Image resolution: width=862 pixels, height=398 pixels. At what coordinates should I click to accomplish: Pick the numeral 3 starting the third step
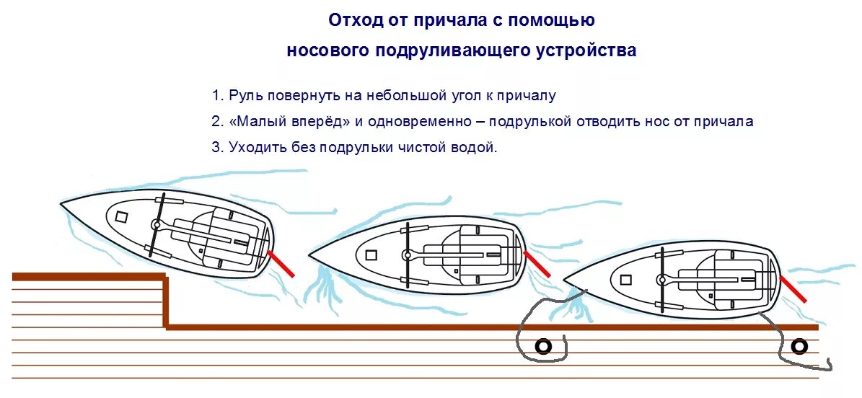point(216,148)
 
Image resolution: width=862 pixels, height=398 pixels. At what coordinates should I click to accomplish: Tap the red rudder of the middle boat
point(537,263)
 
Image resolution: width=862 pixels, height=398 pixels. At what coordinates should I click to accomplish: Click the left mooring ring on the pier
point(542,347)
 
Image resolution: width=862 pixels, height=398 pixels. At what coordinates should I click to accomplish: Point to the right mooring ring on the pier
point(799,347)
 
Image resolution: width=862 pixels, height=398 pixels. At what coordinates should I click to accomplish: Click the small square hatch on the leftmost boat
point(121,216)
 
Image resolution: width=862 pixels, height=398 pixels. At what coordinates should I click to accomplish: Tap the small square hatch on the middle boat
point(371,255)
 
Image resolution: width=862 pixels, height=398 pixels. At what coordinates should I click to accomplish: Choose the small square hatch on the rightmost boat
point(625,280)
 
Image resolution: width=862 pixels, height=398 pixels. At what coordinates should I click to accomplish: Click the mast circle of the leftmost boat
point(156,225)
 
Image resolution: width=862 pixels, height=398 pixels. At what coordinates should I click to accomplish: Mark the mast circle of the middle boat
point(407,255)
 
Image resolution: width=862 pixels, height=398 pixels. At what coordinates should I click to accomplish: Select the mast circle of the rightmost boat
point(661,279)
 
